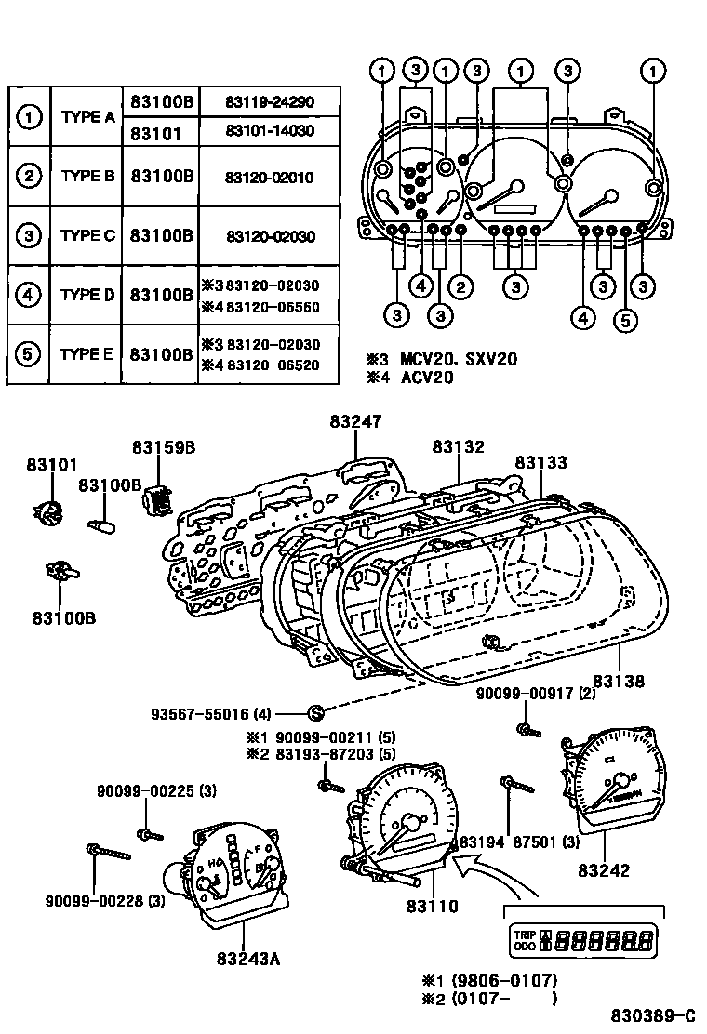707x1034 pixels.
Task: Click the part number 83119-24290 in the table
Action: (x=269, y=101)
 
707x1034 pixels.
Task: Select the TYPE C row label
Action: (x=87, y=235)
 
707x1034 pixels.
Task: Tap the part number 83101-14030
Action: (x=269, y=131)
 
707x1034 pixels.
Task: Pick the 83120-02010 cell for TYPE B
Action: (x=269, y=177)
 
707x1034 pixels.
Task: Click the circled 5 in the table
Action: (x=29, y=354)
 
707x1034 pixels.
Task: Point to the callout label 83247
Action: (x=354, y=420)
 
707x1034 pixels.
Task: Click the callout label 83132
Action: (x=458, y=446)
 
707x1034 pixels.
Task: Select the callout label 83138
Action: (x=618, y=682)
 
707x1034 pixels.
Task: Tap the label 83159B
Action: (x=163, y=446)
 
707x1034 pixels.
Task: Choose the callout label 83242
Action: (x=603, y=870)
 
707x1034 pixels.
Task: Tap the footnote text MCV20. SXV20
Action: (x=459, y=360)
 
